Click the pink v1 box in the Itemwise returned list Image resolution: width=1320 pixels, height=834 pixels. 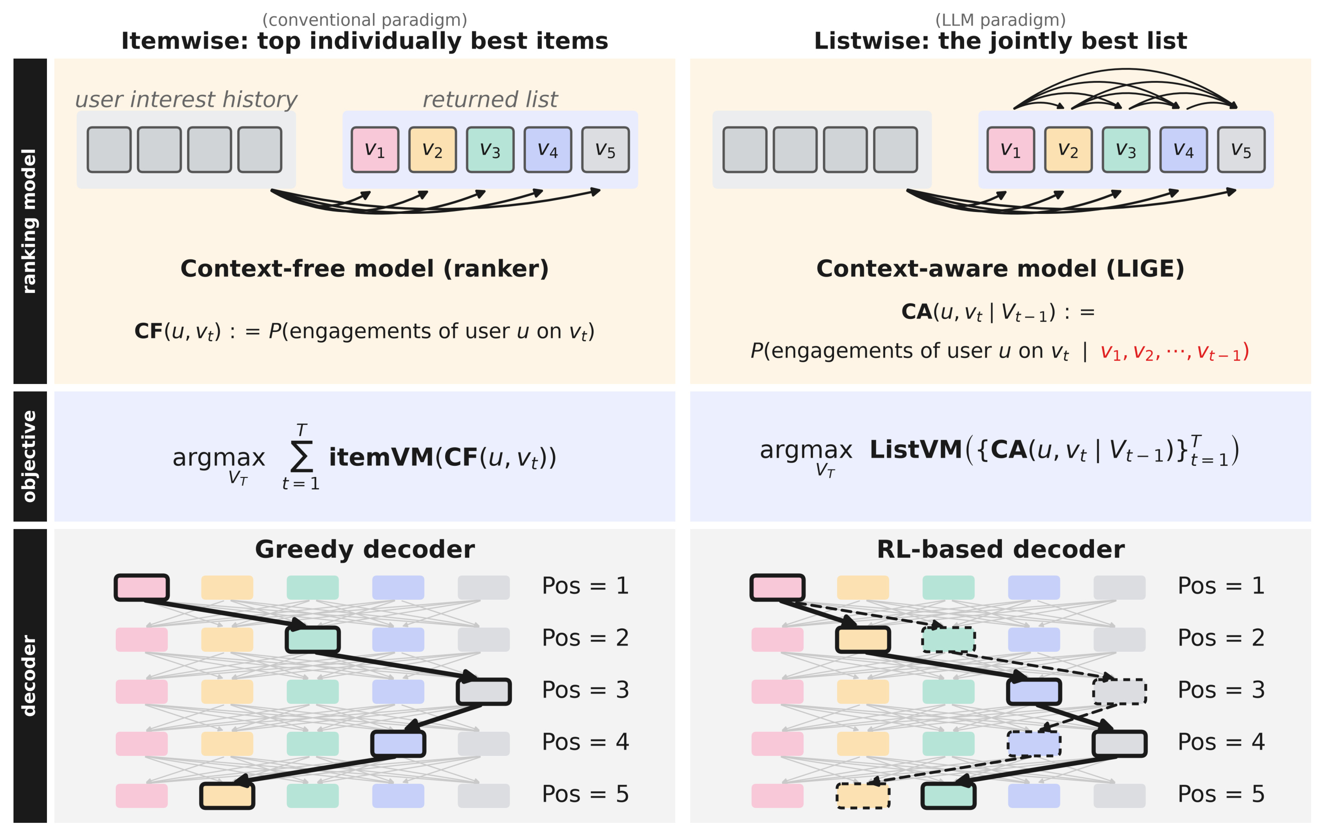tap(375, 150)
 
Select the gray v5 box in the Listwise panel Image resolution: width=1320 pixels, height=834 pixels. tap(1241, 150)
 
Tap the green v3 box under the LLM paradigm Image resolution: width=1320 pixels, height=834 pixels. tap(1126, 150)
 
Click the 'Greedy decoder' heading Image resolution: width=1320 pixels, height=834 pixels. tap(365, 549)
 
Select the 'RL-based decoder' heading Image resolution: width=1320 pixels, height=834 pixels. tap(1001, 549)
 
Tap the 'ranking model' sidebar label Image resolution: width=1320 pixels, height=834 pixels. tap(28, 221)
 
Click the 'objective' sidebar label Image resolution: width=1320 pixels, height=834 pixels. tap(28, 456)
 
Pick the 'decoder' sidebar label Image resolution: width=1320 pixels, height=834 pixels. tap(28, 675)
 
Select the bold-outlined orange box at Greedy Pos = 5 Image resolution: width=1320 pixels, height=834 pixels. tap(227, 795)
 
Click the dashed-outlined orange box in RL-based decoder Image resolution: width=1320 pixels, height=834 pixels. tap(863, 795)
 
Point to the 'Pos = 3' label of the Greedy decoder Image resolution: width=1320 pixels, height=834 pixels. tap(586, 690)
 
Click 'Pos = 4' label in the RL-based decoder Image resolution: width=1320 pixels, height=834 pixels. tap(1221, 742)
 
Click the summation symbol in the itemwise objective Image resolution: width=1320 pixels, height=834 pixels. tap(301, 457)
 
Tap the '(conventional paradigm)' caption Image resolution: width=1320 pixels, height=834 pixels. tap(365, 20)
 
